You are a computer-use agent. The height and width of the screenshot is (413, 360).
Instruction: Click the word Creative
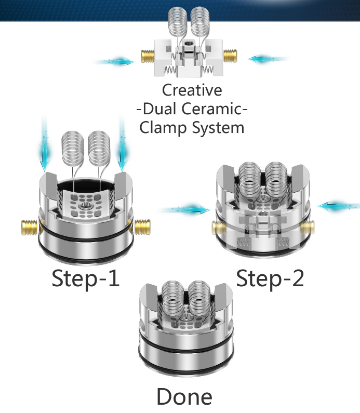tap(192, 90)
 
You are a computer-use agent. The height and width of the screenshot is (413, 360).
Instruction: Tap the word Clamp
tap(163, 128)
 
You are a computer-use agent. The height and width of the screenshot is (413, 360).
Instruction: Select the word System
tap(218, 128)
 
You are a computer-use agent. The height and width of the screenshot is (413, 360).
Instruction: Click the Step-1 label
tap(86, 279)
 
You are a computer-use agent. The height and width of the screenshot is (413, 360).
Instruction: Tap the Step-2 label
tap(270, 279)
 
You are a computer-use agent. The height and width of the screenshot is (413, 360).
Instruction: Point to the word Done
tap(184, 397)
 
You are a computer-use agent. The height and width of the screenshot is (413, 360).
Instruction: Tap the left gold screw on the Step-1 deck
tap(29, 228)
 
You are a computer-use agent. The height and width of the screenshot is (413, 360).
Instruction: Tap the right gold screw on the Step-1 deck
tap(142, 227)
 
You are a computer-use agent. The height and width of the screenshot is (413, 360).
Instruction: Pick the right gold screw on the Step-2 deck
tap(307, 228)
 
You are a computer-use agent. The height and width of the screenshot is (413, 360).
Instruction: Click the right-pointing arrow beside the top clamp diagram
tap(114, 62)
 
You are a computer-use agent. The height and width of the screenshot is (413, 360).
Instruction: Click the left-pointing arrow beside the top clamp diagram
tap(269, 59)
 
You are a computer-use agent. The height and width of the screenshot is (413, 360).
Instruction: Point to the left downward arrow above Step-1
tap(44, 144)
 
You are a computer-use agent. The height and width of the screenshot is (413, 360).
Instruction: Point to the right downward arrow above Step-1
tap(122, 144)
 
